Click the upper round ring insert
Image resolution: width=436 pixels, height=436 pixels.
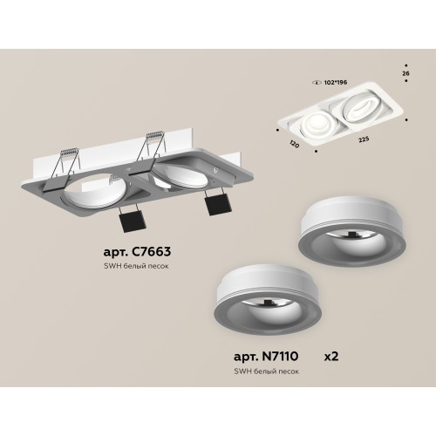(x=344, y=245)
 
